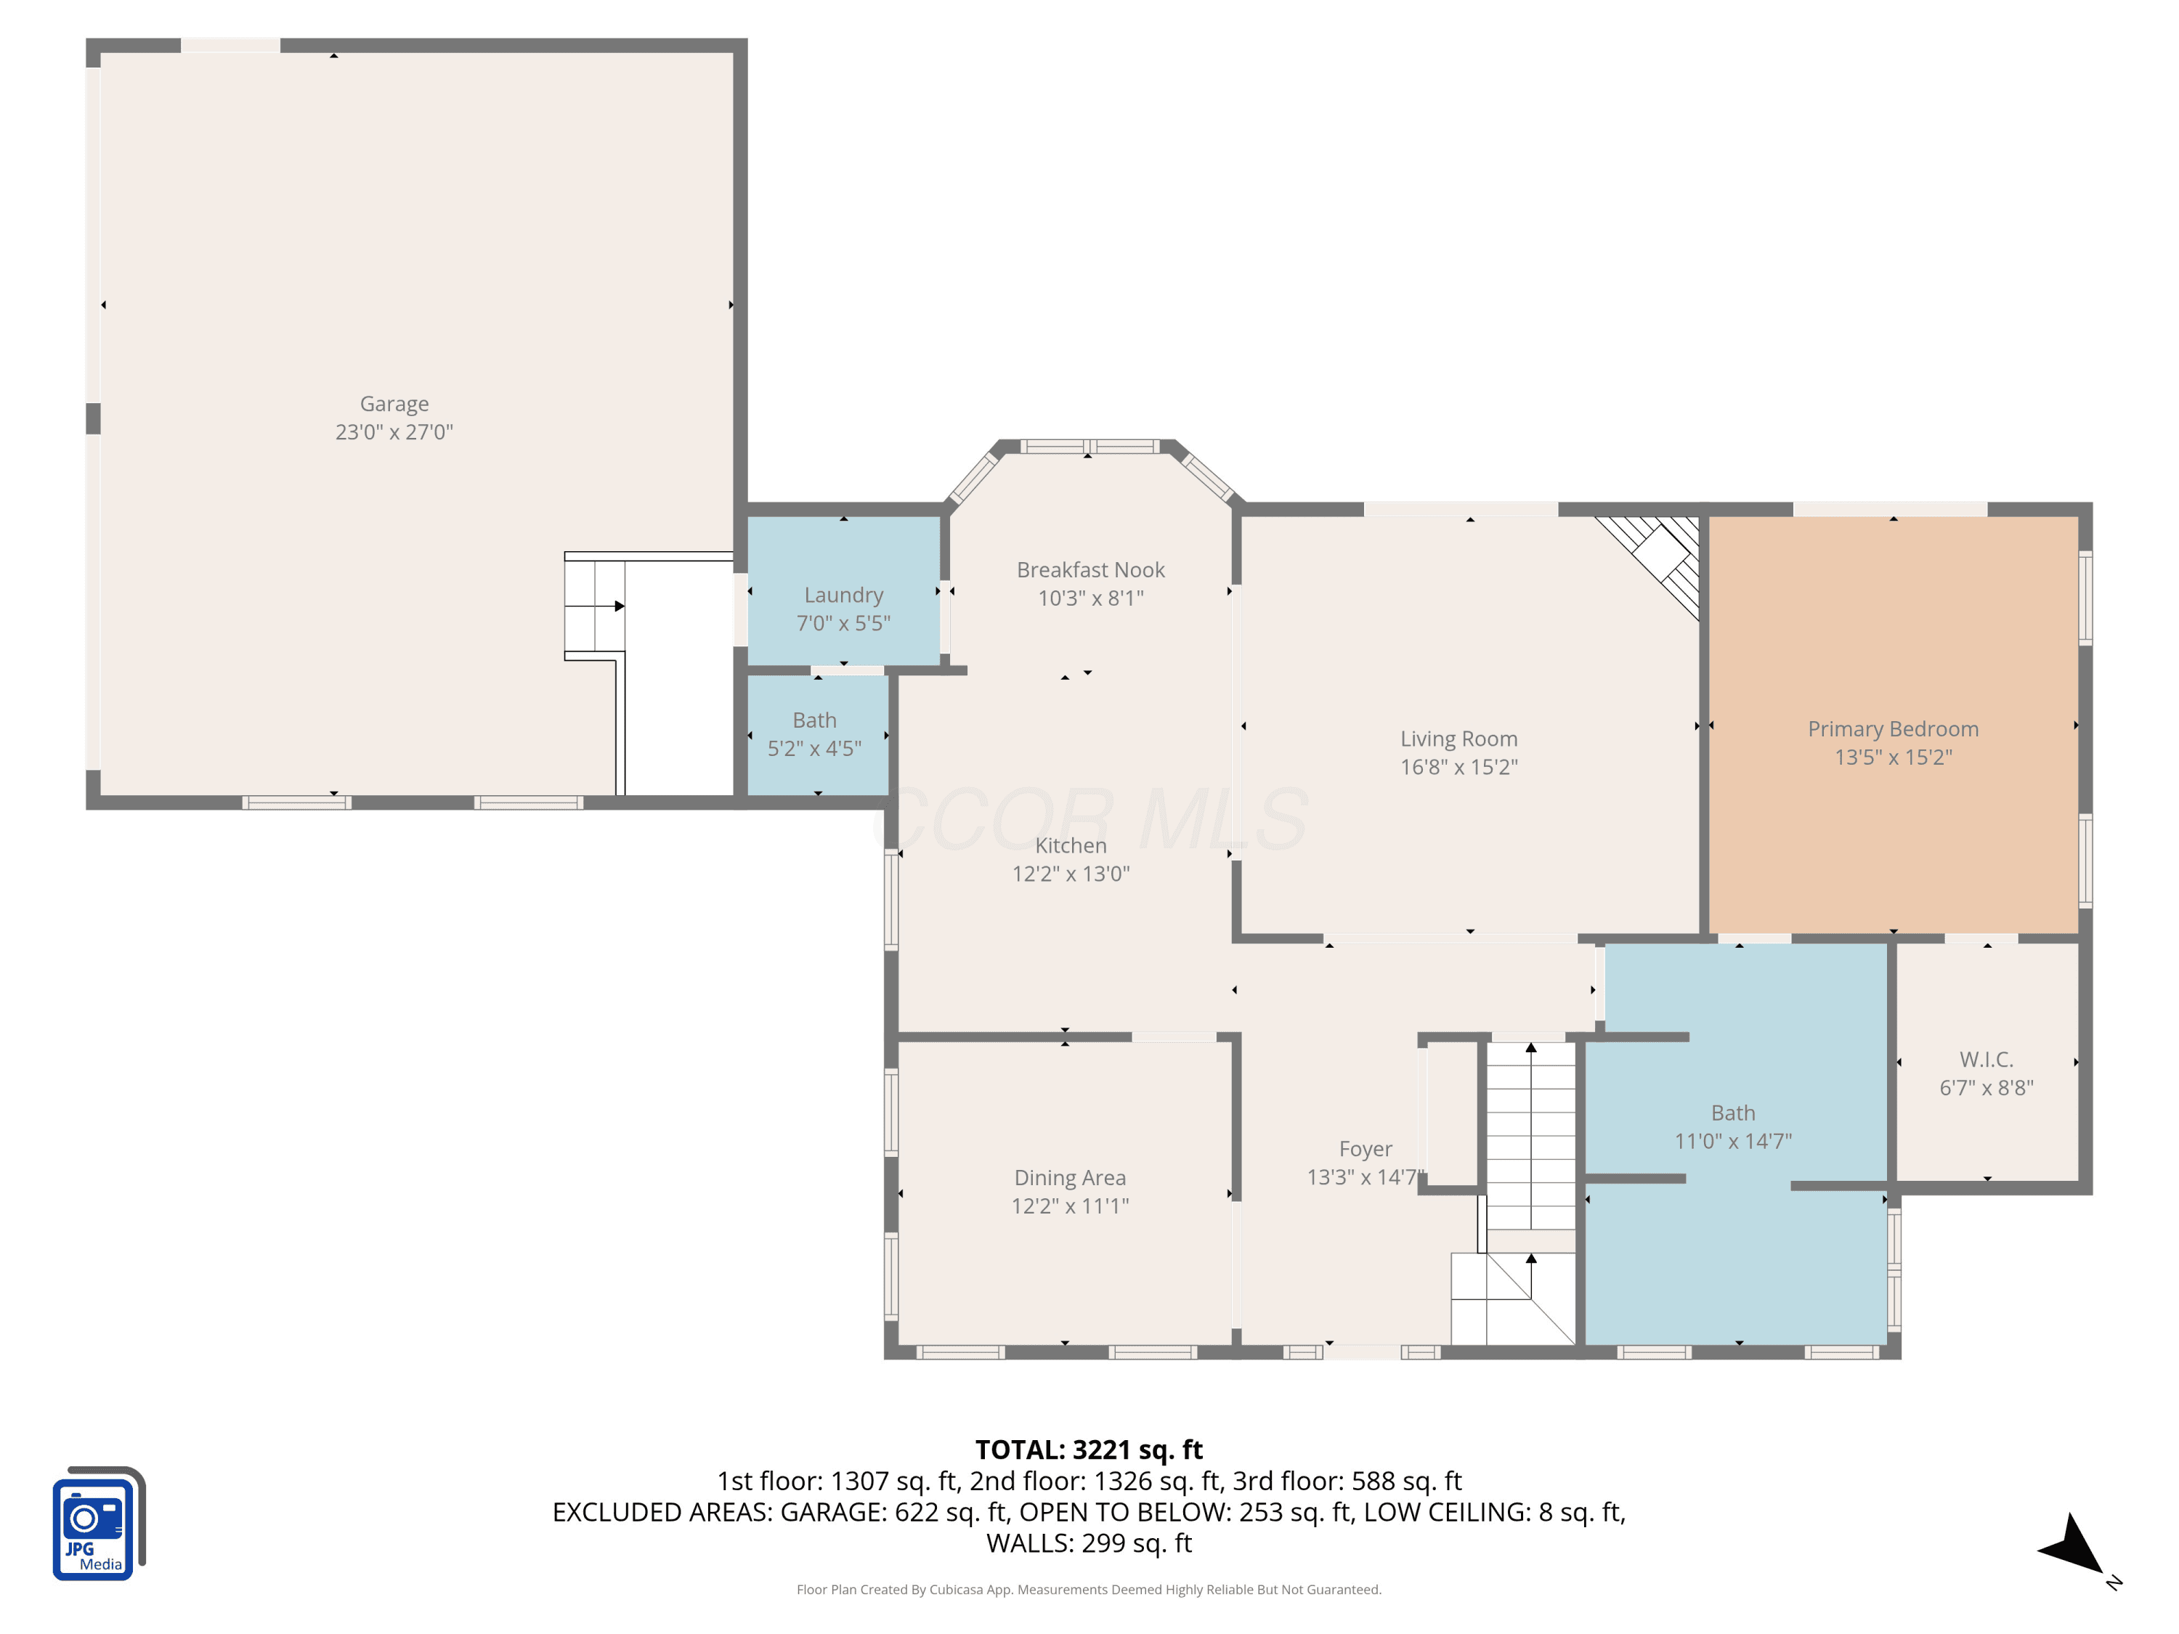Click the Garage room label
pos(394,404)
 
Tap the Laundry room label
pos(843,595)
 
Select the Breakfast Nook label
pos(1090,570)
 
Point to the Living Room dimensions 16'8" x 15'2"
pos(1459,768)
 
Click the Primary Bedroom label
pos(1892,730)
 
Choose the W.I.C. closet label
pos(1986,1060)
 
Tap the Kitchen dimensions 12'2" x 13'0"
pos(1071,874)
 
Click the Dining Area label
pos(1070,1178)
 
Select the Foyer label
pos(1366,1150)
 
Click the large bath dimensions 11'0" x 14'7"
pos(1733,1142)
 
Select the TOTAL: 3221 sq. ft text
pos(1089,1450)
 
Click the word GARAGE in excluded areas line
pos(833,1512)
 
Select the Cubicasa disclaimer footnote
pos(1089,1590)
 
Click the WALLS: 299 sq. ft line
pos(1089,1543)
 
